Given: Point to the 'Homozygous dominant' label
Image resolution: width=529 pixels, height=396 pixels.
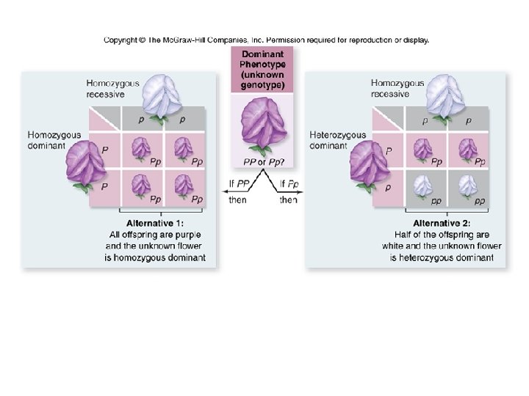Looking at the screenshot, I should [x=54, y=140].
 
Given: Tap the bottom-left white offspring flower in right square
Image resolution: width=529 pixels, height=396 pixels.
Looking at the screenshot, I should [x=422, y=188].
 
